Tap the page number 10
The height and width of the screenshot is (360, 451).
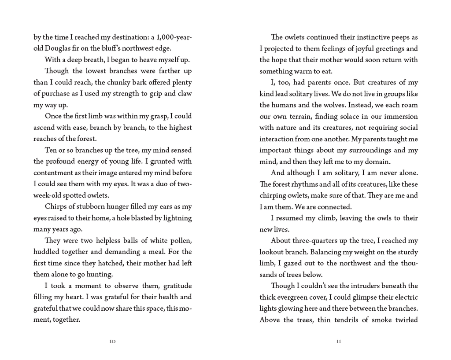(112, 342)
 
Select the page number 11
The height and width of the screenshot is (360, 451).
(338, 342)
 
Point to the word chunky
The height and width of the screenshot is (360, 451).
(116, 82)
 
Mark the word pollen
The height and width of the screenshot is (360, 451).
(181, 241)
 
